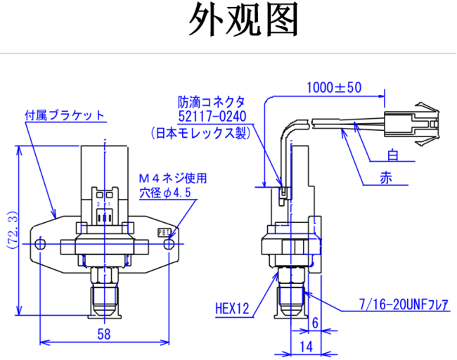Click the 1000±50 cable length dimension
click(x=333, y=88)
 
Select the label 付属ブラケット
click(x=64, y=115)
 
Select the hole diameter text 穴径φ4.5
click(x=165, y=192)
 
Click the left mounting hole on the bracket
click(x=41, y=244)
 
